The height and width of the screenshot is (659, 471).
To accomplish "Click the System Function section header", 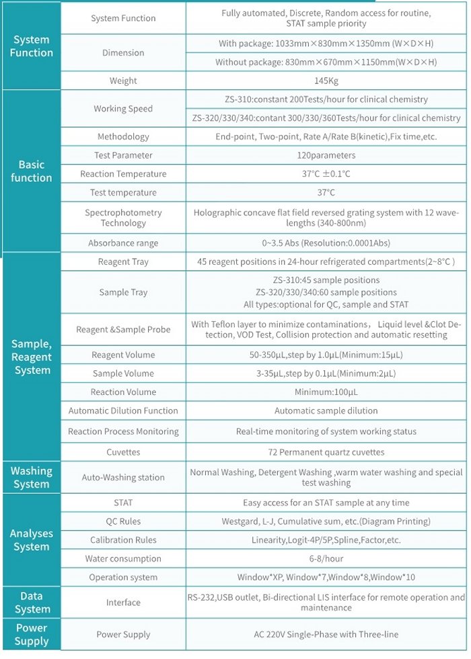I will pos(31,46).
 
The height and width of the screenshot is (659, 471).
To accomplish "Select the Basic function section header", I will pos(31,171).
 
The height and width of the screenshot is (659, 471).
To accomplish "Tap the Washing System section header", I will pos(31,477).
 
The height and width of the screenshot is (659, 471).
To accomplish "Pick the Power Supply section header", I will pos(31,634).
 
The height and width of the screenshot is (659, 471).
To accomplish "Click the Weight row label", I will pos(123,81).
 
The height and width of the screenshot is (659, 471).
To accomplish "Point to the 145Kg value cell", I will pos(326,81).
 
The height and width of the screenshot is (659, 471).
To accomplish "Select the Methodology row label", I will pos(123,136).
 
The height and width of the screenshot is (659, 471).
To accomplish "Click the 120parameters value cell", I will pos(326,155).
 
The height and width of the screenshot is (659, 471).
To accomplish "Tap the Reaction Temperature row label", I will pos(123,174).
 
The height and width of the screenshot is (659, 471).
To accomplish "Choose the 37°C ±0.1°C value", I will pos(326,174).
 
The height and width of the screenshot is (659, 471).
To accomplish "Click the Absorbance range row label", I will pos(123,243).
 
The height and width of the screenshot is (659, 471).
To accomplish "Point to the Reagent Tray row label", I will pos(123,262).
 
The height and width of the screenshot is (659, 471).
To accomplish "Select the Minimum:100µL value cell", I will pos(326,392).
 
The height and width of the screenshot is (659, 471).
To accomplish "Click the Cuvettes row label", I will pos(123,452).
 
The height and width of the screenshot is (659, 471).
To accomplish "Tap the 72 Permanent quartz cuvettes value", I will pos(326,452).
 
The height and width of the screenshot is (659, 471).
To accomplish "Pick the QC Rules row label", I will pos(123,521).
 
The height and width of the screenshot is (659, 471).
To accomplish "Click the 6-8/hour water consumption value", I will pos(326,558).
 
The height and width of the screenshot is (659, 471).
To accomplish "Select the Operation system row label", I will pos(123,577).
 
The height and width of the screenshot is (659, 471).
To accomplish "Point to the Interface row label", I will pos(123,603).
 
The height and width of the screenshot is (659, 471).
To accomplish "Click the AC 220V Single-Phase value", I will pos(326,634).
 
